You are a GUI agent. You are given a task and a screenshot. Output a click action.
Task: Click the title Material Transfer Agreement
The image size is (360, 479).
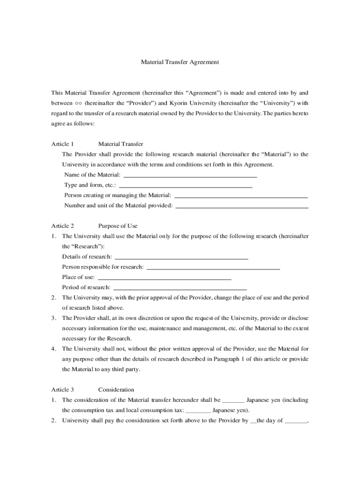click(x=180, y=62)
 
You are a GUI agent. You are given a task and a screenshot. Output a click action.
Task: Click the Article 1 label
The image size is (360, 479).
click(x=63, y=144)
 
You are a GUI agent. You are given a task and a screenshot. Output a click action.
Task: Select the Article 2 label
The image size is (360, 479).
click(x=63, y=226)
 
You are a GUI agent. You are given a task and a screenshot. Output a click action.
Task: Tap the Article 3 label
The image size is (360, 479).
click(x=63, y=390)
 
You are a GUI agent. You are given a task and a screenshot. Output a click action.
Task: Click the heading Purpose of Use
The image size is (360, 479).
click(x=118, y=226)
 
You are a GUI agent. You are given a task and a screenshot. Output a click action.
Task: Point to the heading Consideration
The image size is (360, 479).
click(x=116, y=390)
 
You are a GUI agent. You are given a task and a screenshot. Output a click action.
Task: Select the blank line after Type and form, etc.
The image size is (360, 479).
click(x=186, y=186)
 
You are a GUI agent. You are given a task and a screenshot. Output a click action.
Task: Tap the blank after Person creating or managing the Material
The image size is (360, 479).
click(x=240, y=196)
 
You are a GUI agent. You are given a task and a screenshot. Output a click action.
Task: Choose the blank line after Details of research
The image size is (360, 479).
click(x=181, y=258)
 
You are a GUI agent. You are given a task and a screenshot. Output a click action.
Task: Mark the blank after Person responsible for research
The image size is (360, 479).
click(x=213, y=268)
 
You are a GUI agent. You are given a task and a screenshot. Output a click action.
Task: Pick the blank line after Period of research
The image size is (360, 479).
click(x=180, y=289)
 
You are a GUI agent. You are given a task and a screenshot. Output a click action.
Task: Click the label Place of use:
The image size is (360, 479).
click(x=79, y=277)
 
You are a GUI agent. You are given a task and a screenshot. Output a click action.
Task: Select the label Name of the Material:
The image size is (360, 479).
click(x=92, y=175)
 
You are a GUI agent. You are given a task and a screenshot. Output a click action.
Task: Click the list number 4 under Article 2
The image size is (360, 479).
click(x=54, y=348)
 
